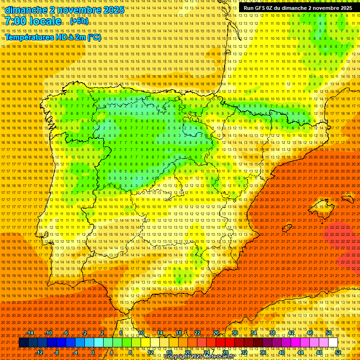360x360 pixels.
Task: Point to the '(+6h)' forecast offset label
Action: [79, 22]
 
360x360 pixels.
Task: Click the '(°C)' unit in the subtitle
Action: [93, 37]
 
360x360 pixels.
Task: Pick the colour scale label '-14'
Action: [30, 333]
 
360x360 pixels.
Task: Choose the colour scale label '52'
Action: [338, 352]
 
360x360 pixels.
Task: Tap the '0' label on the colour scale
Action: [93, 352]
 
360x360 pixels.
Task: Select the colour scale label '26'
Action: [216, 333]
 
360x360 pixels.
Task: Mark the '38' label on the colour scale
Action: [272, 333]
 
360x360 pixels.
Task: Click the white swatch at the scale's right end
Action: [333, 343]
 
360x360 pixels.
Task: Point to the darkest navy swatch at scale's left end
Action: [23, 343]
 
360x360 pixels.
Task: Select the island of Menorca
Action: [347, 199]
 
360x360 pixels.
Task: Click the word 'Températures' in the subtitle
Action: [29, 37]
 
